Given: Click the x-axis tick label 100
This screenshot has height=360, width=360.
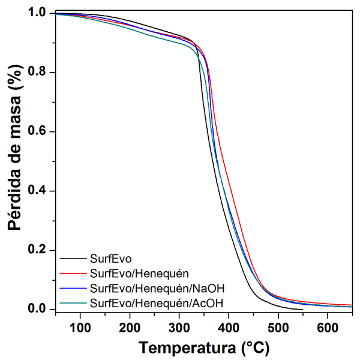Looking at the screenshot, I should pos(80,328).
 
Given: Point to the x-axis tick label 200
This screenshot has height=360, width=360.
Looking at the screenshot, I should pos(129,328).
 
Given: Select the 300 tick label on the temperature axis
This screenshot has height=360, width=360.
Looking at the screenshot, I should pos(179,328).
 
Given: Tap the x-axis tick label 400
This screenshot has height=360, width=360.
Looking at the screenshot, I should pos(229,328).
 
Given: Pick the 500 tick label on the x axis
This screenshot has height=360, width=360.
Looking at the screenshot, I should pos(278,328).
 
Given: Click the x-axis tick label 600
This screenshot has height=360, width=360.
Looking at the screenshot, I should pos(328,328).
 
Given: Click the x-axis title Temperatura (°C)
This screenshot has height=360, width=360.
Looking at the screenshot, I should pos(204,347).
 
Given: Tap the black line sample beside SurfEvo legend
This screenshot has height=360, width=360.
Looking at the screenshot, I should pos(73,260).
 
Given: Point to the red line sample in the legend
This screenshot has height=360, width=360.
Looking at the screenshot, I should pos(73,274).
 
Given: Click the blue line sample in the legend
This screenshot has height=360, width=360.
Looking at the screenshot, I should pos(73,289).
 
